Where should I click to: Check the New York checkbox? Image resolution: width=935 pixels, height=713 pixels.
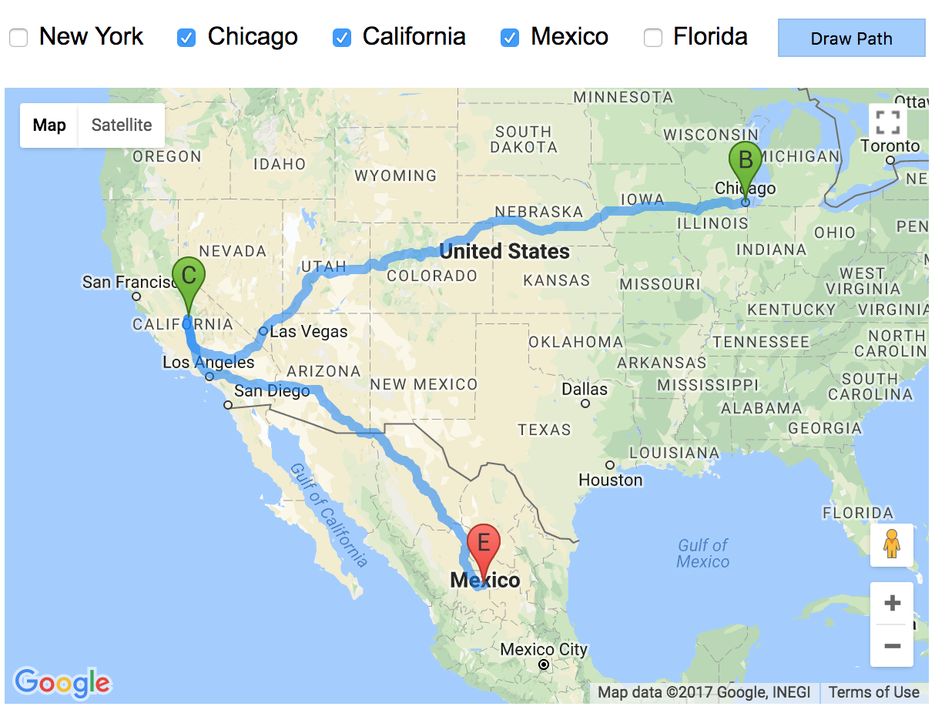point(18,37)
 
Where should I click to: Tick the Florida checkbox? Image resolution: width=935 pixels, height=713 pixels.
point(653,37)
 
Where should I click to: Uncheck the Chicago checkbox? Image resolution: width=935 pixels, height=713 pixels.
point(186,37)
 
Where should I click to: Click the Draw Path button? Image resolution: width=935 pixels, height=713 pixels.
point(851,38)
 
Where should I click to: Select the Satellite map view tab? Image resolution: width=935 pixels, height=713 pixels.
point(122,125)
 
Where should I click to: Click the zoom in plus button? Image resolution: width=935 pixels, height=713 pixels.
point(892,602)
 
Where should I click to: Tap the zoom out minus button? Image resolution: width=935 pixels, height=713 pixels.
point(892,645)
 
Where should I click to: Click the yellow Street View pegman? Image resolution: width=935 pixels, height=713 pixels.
point(892,544)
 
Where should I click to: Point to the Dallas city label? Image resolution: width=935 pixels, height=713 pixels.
point(585,390)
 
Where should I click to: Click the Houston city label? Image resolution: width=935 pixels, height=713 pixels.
point(611,480)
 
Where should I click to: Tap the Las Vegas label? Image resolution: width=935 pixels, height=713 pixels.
point(309,333)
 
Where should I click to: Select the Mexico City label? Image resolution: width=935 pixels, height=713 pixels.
point(544,650)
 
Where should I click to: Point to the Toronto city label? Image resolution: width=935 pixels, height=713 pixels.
point(890,146)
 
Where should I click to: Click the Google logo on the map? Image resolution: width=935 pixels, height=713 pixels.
point(62,682)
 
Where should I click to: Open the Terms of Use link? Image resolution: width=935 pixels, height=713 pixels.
point(874,692)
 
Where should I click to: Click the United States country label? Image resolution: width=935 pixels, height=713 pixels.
point(504,251)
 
